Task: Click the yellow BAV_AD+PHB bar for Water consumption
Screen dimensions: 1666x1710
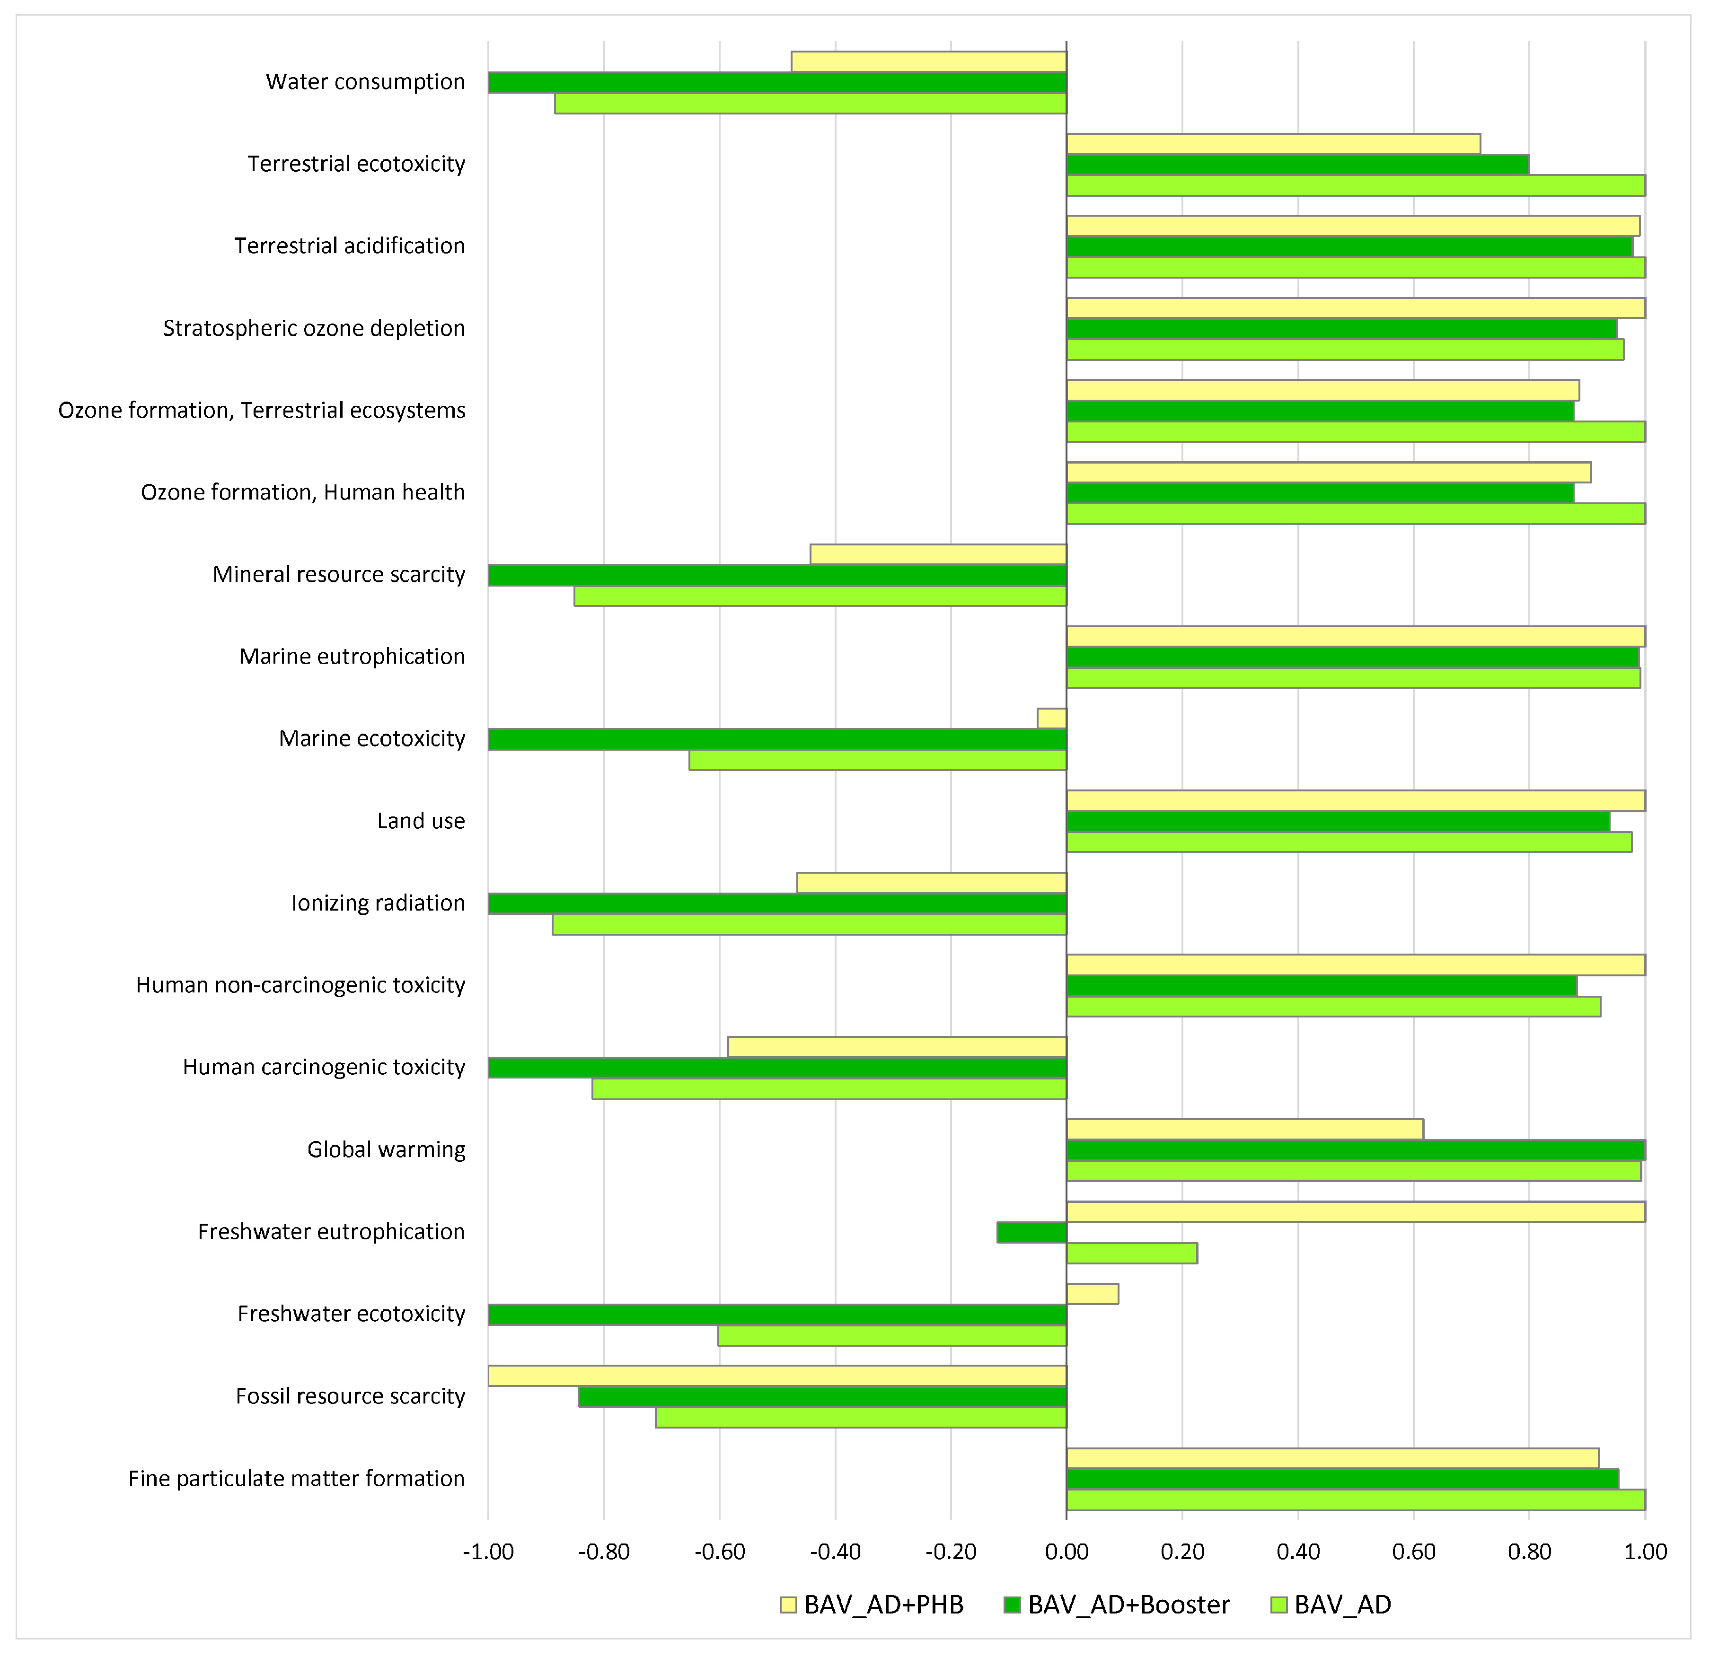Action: [x=928, y=61]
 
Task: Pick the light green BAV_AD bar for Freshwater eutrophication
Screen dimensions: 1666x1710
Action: [x=1131, y=1253]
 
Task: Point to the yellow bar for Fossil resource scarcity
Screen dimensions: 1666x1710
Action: [x=776, y=1376]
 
